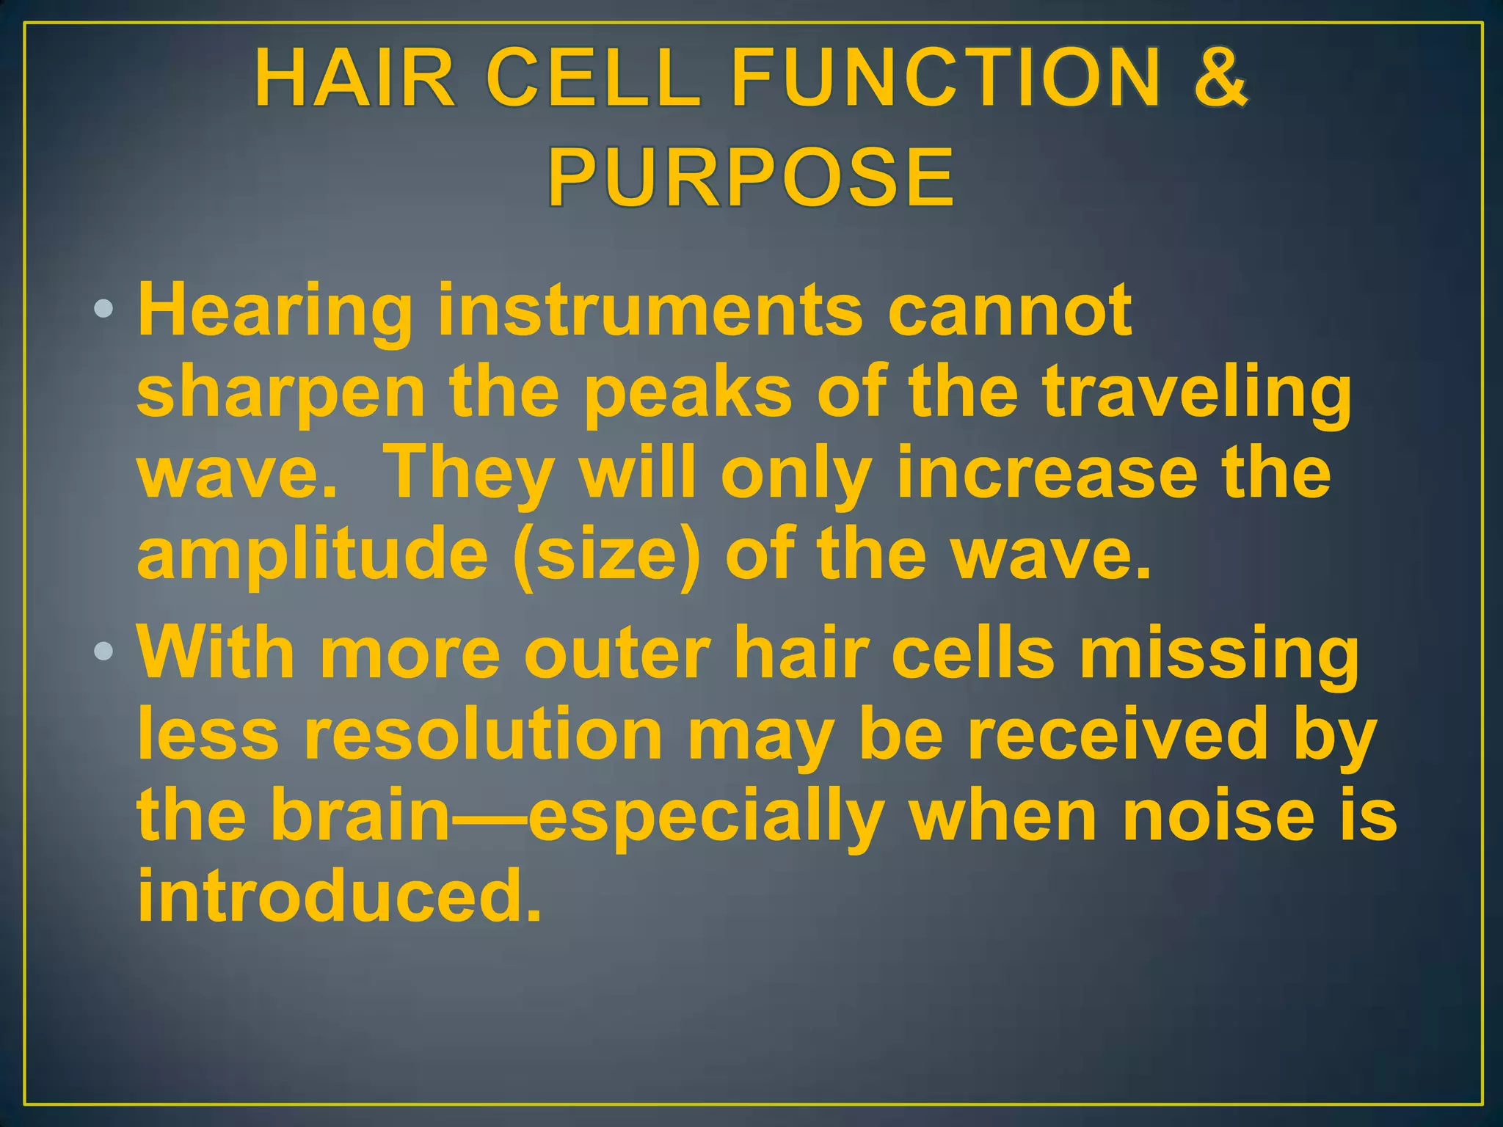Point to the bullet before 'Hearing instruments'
(104, 309)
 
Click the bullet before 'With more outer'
(104, 651)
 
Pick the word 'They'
(469, 474)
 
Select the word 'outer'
(616, 652)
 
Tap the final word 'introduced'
(338, 895)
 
